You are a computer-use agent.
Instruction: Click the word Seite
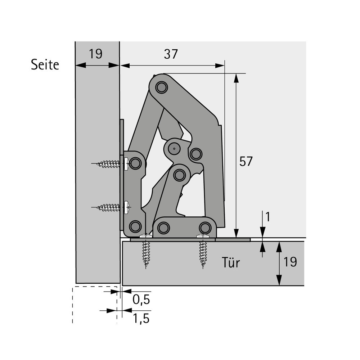point(45,64)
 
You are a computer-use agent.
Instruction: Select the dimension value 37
point(171,54)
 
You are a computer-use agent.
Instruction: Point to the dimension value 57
point(246,161)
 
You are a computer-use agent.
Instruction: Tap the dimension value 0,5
point(141,300)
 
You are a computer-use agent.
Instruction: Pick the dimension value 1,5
point(141,318)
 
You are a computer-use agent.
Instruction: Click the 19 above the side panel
point(95,54)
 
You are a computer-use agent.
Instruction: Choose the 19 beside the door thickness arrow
point(290,262)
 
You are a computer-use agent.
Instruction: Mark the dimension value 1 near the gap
point(268,217)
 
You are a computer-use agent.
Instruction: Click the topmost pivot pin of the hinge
point(161,87)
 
